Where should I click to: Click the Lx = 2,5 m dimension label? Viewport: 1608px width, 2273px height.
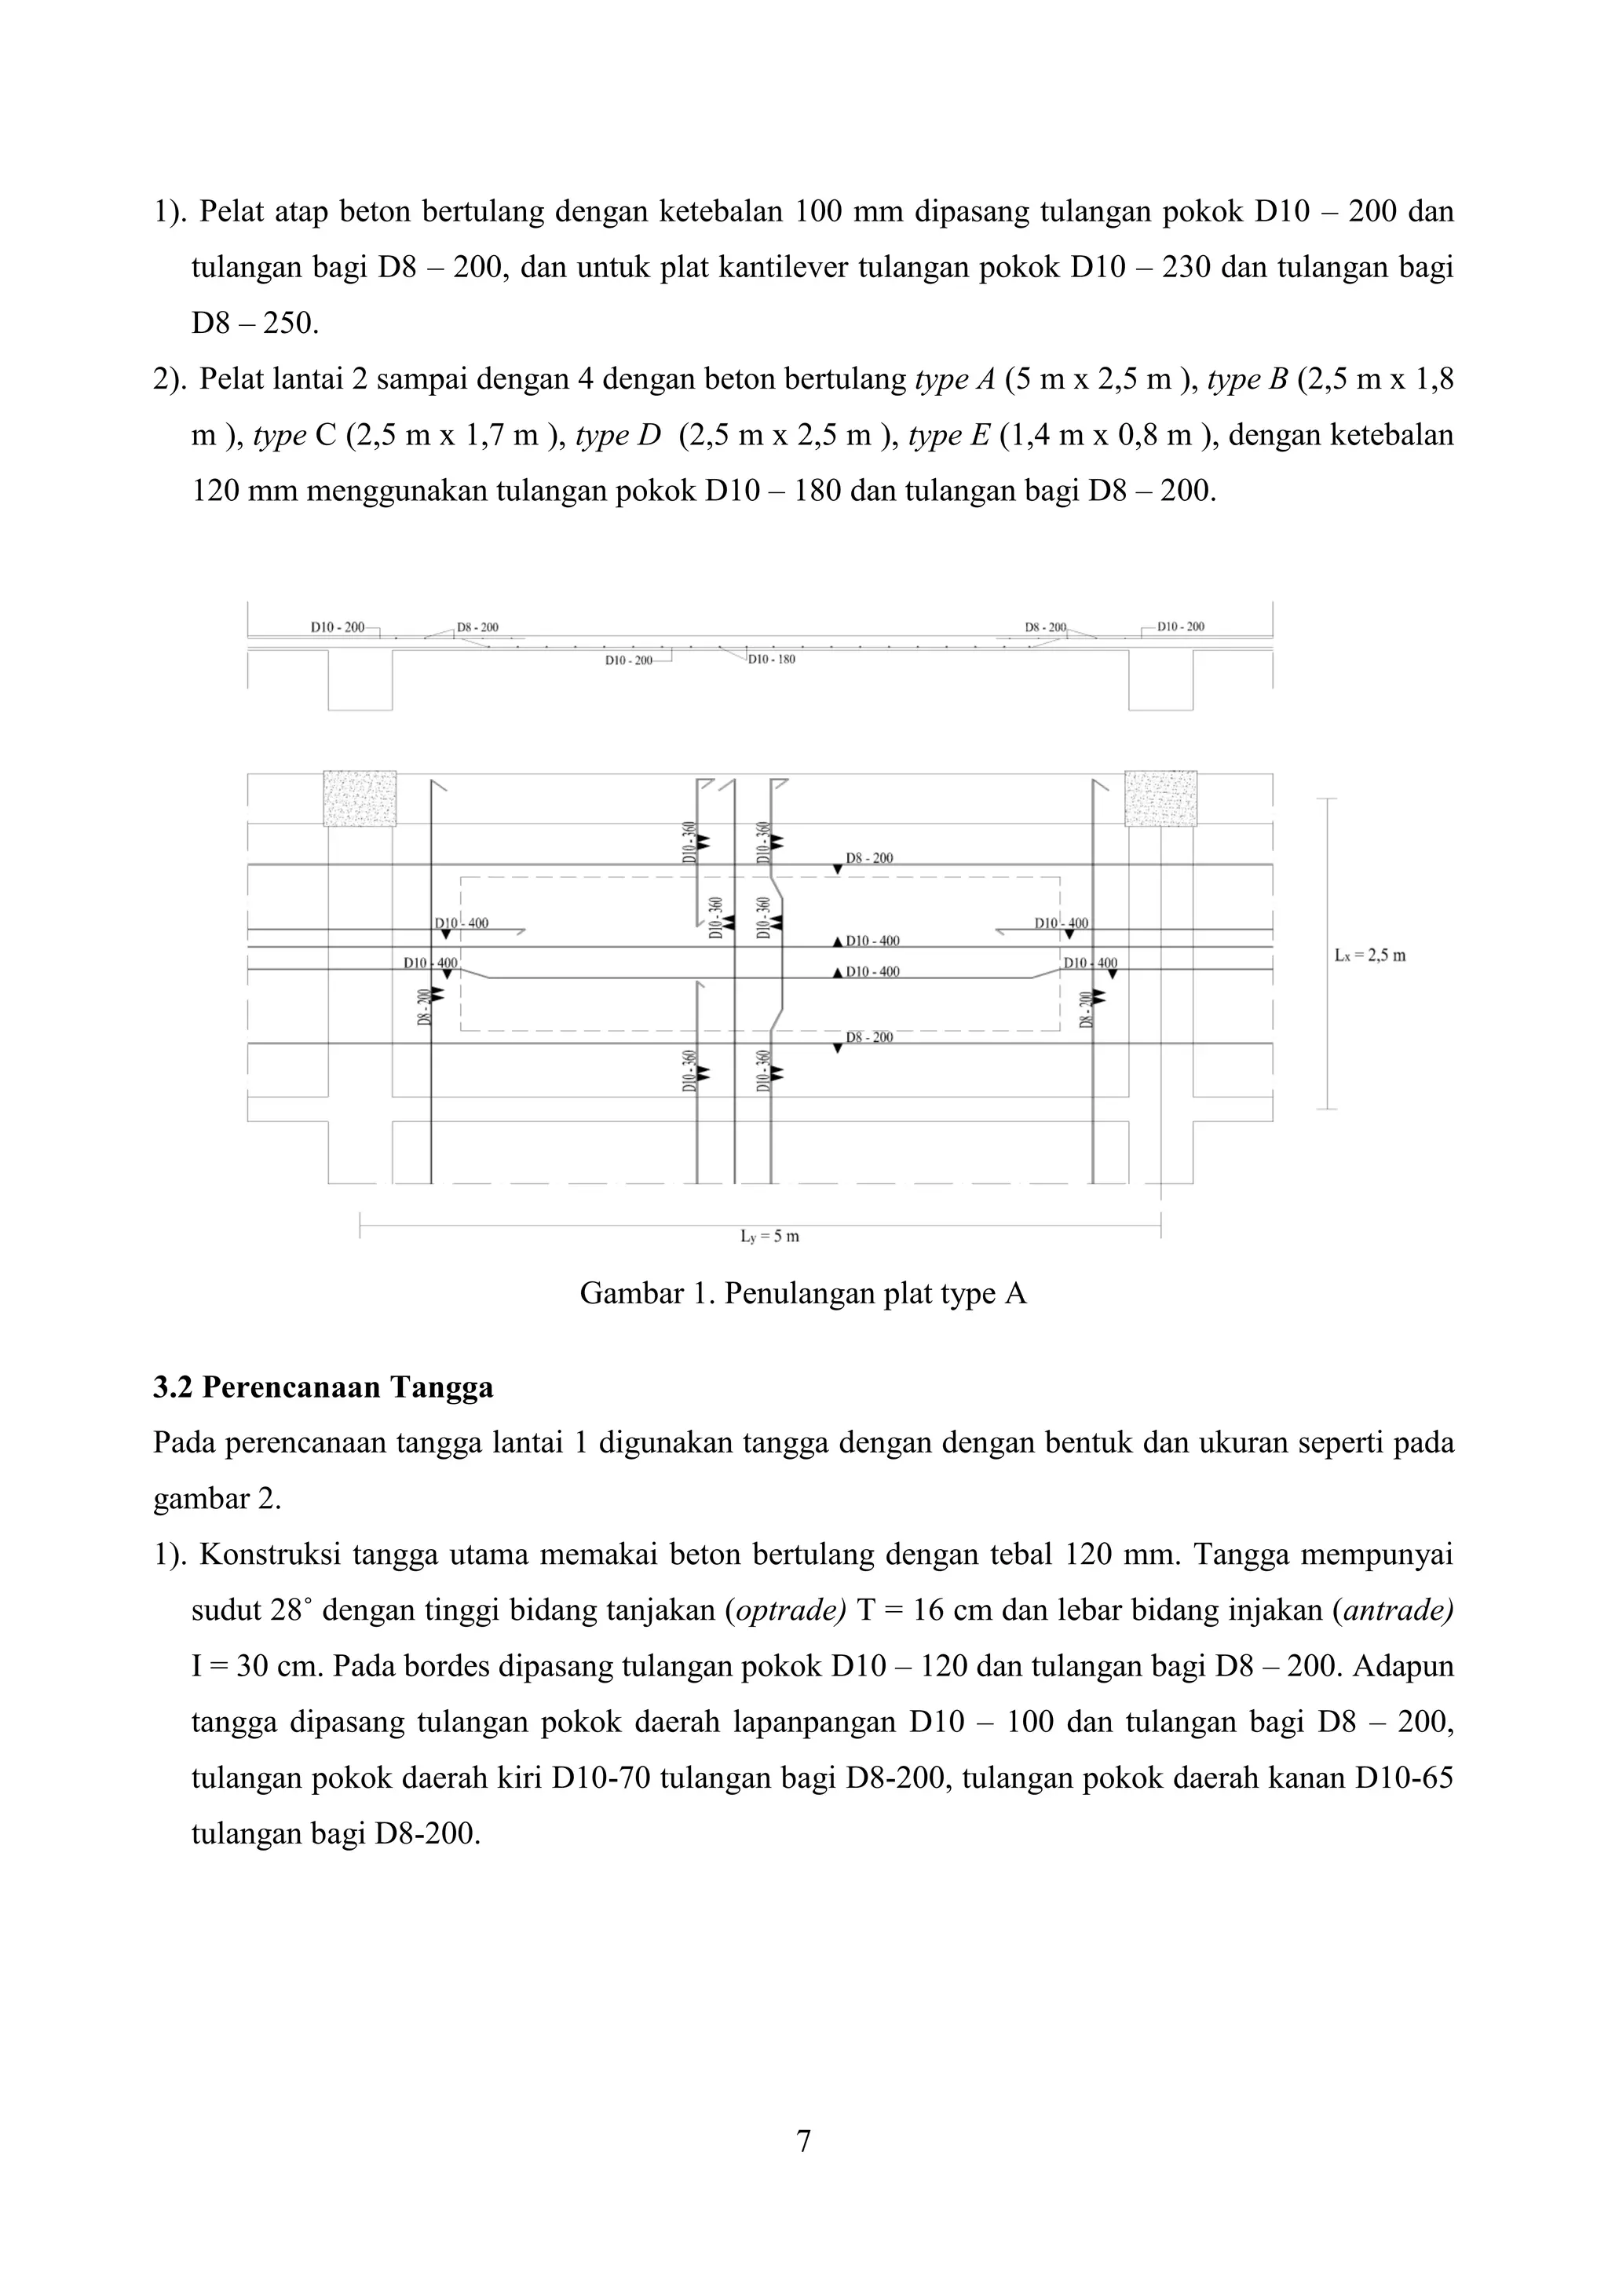click(1369, 956)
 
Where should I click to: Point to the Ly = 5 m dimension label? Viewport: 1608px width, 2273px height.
click(769, 1237)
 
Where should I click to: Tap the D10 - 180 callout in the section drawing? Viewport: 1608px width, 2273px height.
click(771, 660)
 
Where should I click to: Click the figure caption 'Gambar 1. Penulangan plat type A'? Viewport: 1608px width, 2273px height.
click(803, 1294)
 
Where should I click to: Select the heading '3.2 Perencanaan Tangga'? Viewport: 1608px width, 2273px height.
click(323, 1388)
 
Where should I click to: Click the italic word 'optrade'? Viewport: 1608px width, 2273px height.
click(785, 1610)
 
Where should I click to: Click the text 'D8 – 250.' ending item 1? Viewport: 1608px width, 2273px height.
click(255, 323)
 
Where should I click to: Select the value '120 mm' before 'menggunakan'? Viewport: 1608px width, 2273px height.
click(244, 491)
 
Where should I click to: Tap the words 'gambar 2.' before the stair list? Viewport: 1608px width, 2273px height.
click(217, 1500)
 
